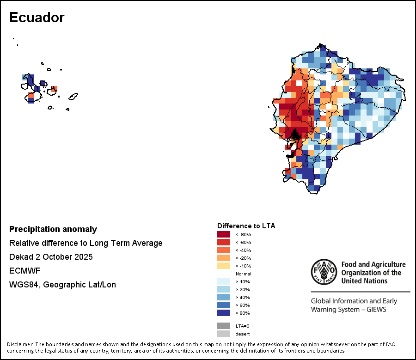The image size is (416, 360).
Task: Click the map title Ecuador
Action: (x=37, y=18)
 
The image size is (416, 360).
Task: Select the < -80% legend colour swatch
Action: (x=224, y=234)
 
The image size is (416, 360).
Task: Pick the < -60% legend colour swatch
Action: (x=224, y=242)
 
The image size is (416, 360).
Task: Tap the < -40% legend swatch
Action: (x=224, y=250)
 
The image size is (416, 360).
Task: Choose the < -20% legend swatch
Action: (x=224, y=258)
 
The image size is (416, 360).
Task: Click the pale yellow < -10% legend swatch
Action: (x=224, y=266)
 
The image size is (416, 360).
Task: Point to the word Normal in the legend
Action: (x=243, y=274)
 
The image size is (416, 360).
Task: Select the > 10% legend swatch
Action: (x=224, y=281)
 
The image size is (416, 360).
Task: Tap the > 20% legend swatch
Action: (x=224, y=289)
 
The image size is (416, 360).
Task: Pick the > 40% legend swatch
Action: (x=224, y=297)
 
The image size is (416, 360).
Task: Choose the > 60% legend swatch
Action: (x=224, y=305)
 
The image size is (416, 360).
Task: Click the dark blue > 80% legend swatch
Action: (x=224, y=313)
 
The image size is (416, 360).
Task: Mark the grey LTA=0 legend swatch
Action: (x=224, y=326)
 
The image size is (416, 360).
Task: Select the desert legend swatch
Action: (x=224, y=334)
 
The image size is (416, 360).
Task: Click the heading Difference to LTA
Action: (x=246, y=226)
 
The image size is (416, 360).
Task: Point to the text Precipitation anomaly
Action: (x=53, y=229)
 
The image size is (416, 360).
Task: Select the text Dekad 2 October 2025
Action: (x=51, y=257)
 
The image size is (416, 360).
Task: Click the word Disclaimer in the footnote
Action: (x=20, y=344)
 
